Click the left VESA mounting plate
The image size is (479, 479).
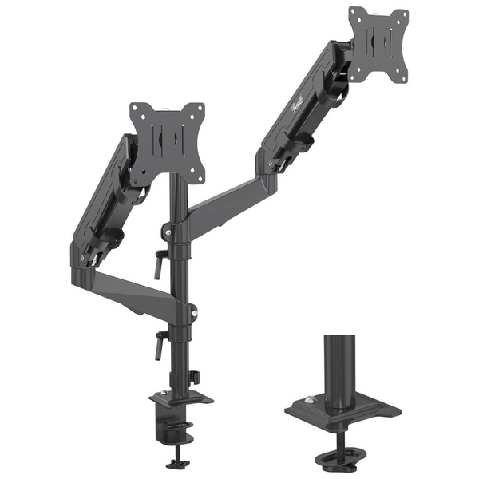click(x=167, y=142)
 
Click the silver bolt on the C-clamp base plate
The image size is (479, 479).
click(x=164, y=392)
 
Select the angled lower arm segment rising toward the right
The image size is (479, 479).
click(x=224, y=204)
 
